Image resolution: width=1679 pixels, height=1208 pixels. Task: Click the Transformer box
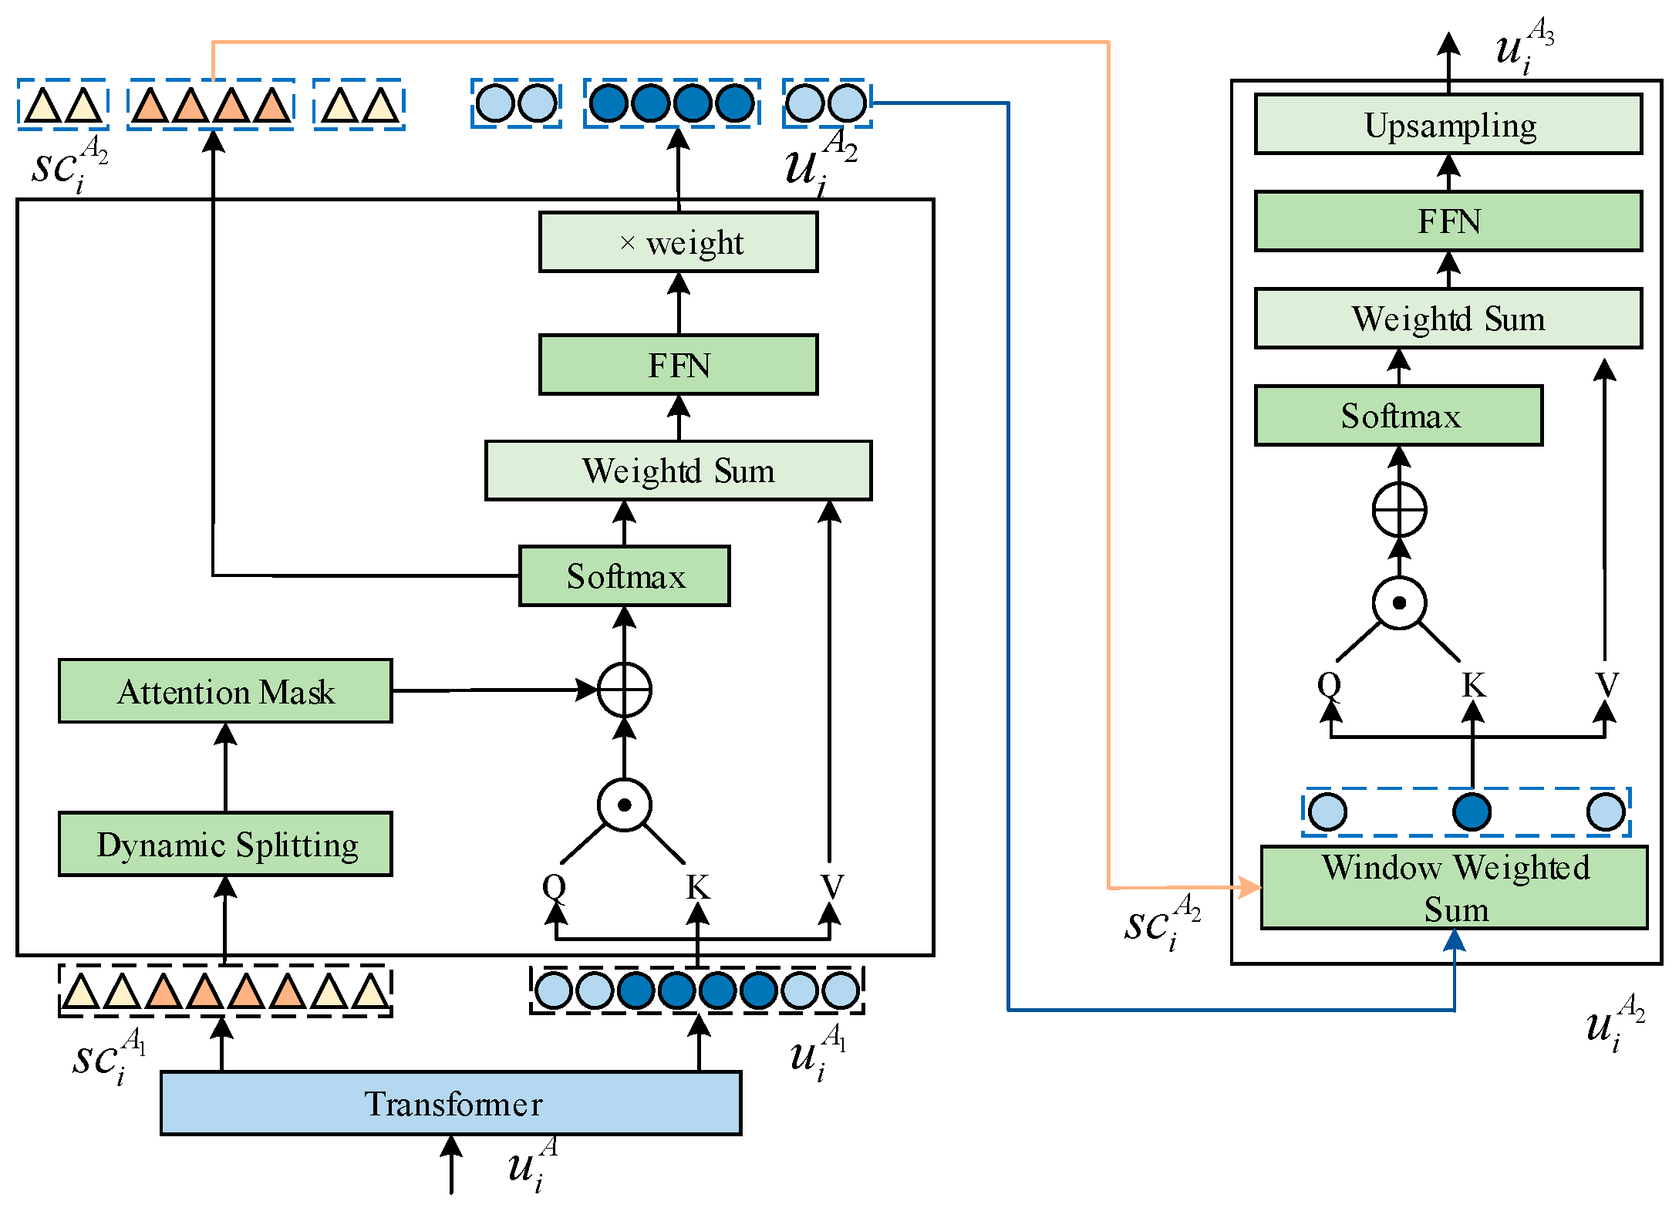pyautogui.click(x=450, y=1102)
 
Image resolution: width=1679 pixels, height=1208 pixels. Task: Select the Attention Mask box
pyautogui.click(x=225, y=691)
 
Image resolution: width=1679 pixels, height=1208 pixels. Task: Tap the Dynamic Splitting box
pyautogui.click(x=225, y=844)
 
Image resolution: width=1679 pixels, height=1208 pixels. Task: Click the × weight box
pyautogui.click(x=678, y=242)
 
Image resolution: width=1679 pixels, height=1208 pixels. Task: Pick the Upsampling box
pyautogui.click(x=1448, y=125)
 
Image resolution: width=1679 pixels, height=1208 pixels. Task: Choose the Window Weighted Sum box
pyautogui.click(x=1454, y=887)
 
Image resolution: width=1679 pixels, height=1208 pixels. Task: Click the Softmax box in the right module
pyautogui.click(x=1398, y=416)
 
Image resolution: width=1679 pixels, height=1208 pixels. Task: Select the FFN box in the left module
pyautogui.click(x=678, y=365)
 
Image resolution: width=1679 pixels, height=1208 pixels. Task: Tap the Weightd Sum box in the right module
pyautogui.click(x=1448, y=319)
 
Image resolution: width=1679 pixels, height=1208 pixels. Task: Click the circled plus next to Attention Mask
pyautogui.click(x=625, y=690)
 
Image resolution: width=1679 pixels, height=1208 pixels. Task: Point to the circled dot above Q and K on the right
pyautogui.click(x=1399, y=603)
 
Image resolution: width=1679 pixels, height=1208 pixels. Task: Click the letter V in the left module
pyautogui.click(x=831, y=886)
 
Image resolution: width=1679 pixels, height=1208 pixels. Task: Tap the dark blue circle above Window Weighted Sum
pyautogui.click(x=1471, y=812)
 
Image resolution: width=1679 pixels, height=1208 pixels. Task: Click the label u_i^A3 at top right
pyautogui.click(x=1523, y=46)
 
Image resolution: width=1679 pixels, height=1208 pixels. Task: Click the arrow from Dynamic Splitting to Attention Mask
pyautogui.click(x=225, y=767)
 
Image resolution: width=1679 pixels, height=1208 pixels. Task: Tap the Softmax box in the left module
pyautogui.click(x=624, y=576)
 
